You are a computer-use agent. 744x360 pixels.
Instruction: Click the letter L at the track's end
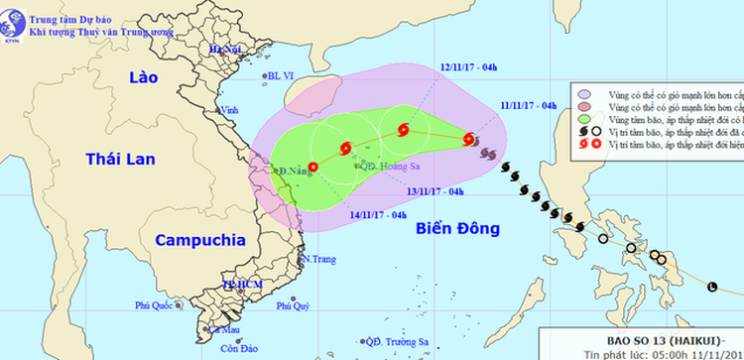pos(711,288)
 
